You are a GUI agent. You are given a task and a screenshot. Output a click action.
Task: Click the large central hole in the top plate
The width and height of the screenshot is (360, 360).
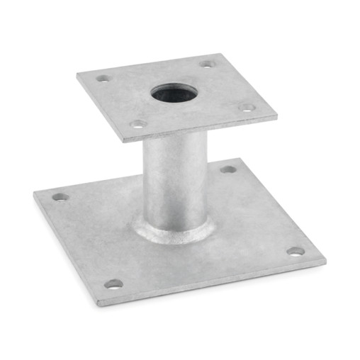pyautogui.click(x=174, y=93)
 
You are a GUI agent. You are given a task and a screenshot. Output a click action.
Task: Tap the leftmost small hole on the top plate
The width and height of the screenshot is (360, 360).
pyautogui.click(x=103, y=79)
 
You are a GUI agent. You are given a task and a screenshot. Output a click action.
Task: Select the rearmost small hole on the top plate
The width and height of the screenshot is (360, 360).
pyautogui.click(x=206, y=64)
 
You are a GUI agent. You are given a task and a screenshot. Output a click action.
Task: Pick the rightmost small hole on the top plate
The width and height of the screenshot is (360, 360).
pyautogui.click(x=246, y=108)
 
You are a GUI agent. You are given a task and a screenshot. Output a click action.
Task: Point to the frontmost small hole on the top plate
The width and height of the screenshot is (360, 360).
pyautogui.click(x=138, y=124)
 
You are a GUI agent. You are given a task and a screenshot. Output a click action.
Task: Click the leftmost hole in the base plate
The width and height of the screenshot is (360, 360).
pyautogui.click(x=60, y=196)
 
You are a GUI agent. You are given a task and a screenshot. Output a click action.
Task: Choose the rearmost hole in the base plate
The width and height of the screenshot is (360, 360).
pyautogui.click(x=227, y=169)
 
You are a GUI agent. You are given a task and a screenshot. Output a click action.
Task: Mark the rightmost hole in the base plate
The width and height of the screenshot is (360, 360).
pyautogui.click(x=295, y=251)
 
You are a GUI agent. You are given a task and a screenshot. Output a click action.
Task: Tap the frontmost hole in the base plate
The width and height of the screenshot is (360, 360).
pyautogui.click(x=113, y=284)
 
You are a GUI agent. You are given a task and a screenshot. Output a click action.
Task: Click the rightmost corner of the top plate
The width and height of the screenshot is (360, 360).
pyautogui.click(x=277, y=113)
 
